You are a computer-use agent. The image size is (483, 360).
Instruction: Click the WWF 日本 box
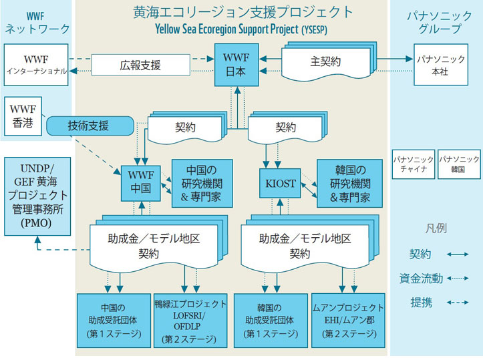236,65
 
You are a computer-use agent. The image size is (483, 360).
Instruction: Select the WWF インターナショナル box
36,65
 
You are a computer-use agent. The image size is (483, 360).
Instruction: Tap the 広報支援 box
141,65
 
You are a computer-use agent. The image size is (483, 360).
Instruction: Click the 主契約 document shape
329,61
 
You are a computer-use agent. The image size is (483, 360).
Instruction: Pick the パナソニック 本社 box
441,65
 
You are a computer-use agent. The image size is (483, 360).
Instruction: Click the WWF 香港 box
23,116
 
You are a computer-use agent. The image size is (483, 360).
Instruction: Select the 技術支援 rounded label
90,126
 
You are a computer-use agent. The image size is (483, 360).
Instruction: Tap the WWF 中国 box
141,184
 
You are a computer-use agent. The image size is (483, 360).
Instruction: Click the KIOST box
280,183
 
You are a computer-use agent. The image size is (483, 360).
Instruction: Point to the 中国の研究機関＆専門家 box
202,184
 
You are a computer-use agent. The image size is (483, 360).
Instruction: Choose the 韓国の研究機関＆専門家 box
349,184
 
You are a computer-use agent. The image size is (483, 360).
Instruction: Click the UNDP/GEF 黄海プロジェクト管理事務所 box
37,196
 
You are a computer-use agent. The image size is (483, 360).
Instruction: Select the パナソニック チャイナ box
414,164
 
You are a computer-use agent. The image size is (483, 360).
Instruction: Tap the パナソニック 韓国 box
459,164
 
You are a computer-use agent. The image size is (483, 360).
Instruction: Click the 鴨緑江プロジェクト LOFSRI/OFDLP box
190,321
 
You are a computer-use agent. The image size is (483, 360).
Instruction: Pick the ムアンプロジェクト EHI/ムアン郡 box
349,321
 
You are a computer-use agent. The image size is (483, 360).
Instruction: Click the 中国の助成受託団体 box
114,321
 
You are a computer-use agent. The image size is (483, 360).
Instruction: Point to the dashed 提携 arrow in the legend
458,303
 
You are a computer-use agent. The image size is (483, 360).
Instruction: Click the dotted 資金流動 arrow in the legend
458,279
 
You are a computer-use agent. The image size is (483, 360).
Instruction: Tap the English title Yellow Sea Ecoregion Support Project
226,29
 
